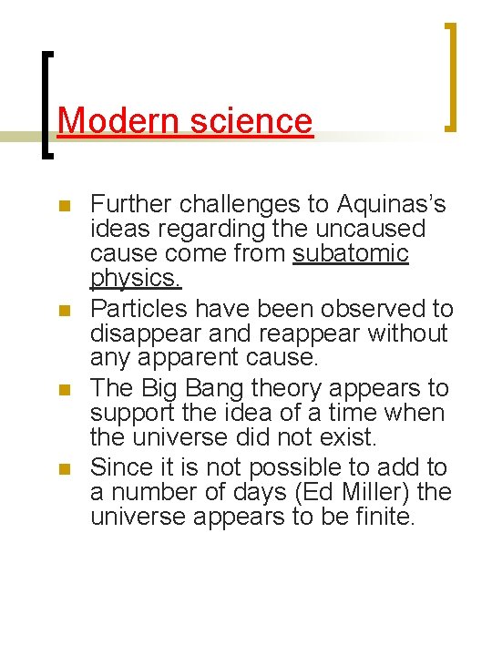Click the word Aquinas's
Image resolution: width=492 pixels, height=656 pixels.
pos(391,203)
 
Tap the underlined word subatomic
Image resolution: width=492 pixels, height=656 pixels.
pos(351,253)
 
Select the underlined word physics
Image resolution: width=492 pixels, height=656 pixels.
pos(137,278)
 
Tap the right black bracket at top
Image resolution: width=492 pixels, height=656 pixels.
pos(448,77)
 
